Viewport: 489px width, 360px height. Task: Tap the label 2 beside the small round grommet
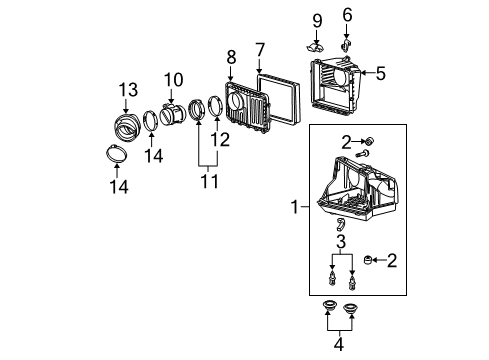coord(391,261)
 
